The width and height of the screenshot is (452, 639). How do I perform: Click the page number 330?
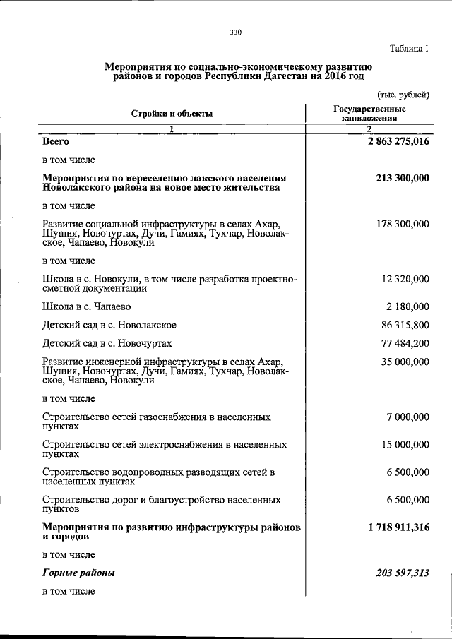coord(236,30)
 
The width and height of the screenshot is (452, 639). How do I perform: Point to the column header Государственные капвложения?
coord(369,114)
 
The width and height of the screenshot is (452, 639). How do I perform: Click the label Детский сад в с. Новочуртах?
coord(107,344)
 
